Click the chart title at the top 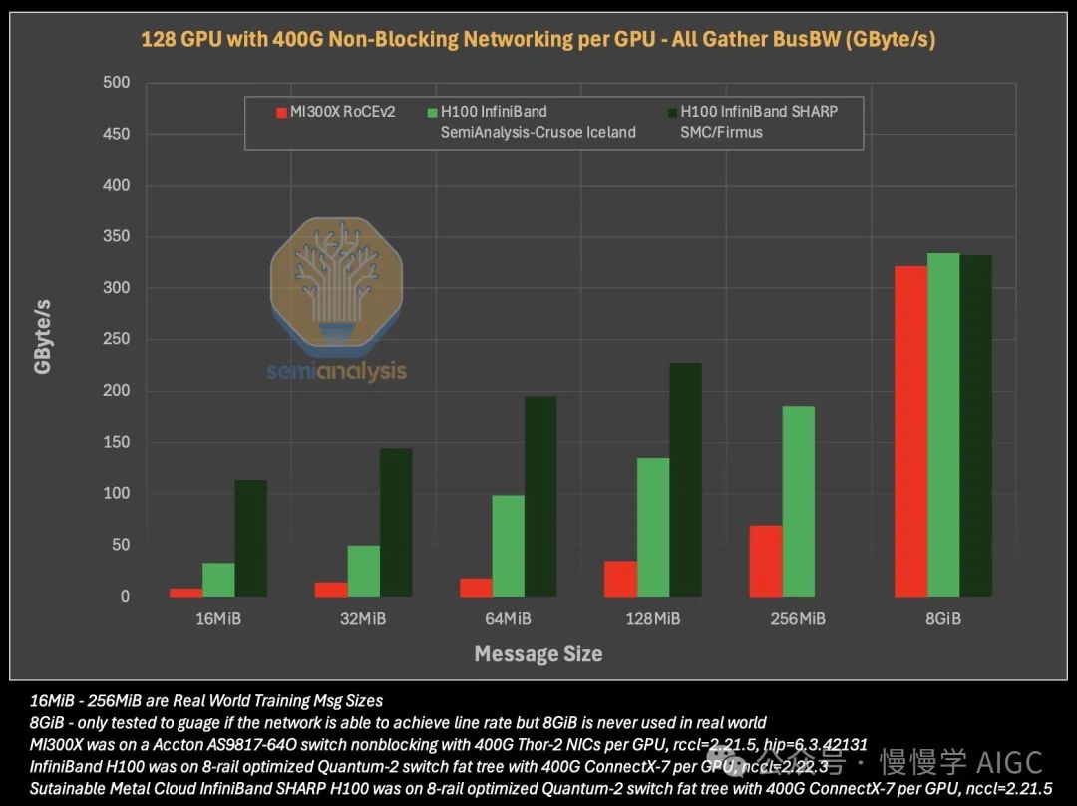(538, 40)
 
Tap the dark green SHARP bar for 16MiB (250, 538)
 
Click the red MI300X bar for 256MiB (766, 561)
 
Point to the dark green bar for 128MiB (685, 479)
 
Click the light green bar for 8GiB (943, 425)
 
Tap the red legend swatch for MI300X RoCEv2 (281, 112)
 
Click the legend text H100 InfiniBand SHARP (758, 112)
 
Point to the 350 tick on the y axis (118, 236)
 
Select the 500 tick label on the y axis (118, 82)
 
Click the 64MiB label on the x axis (508, 619)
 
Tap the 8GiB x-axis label (942, 619)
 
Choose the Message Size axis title (538, 654)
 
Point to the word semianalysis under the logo (336, 371)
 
